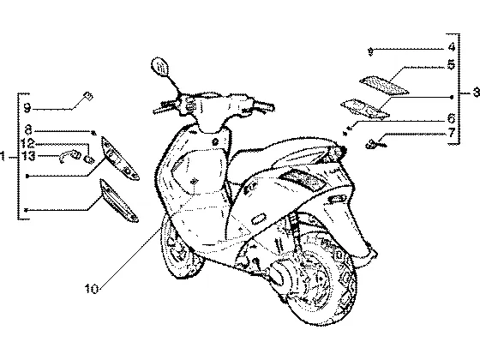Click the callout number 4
pyautogui.click(x=451, y=47)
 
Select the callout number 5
pyautogui.click(x=451, y=65)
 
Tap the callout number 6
pyautogui.click(x=451, y=118)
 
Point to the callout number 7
pyautogui.click(x=452, y=133)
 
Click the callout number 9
pyautogui.click(x=27, y=108)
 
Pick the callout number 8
pyautogui.click(x=28, y=129)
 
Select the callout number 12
pyautogui.click(x=27, y=143)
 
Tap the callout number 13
pyautogui.click(x=28, y=156)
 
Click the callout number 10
pyautogui.click(x=92, y=288)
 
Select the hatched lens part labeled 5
pyautogui.click(x=384, y=86)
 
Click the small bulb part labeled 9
pyautogui.click(x=88, y=96)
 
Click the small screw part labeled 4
pyautogui.click(x=370, y=52)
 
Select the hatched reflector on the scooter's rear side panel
pyautogui.click(x=303, y=180)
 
